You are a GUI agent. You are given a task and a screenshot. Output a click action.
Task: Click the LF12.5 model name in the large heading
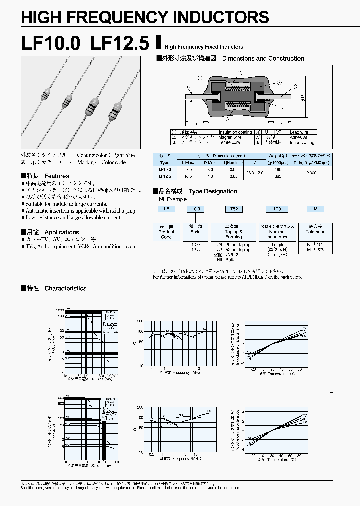pos(119,44)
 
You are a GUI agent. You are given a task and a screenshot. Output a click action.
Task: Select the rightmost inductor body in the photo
pos(117,107)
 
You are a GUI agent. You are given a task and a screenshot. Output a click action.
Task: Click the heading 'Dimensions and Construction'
pos(263,59)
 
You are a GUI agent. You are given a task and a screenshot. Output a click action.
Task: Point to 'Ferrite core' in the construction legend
pos(228,143)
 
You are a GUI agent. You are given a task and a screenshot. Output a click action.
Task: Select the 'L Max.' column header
pos(187,163)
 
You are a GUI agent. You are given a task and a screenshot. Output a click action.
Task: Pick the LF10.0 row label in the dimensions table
pos(165,170)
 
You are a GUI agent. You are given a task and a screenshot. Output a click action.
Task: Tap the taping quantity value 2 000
pos(311,172)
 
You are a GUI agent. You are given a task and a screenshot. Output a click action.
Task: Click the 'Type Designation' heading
pos(213,191)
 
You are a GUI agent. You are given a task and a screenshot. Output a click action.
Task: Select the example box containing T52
pos(233,209)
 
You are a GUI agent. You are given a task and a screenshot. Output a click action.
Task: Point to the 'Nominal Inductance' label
pos(277,234)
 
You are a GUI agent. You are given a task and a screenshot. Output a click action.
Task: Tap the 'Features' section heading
pos(57,176)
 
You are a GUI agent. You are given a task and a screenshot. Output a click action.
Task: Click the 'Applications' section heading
pos(62,232)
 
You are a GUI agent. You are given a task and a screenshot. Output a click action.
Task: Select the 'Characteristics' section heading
pos(65,288)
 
